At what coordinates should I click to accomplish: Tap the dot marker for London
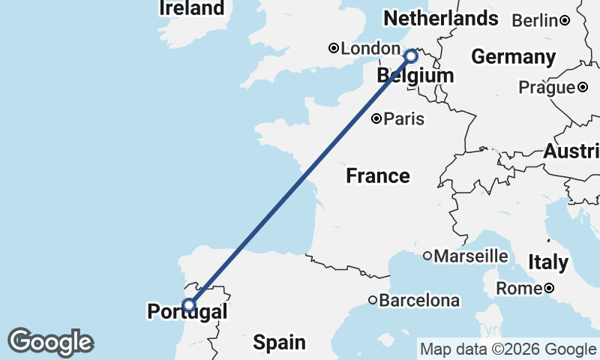pos(333,49)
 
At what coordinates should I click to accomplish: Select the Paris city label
pos(404,118)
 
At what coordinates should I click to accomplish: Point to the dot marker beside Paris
pos(376,118)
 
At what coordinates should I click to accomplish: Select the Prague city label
pos(547,88)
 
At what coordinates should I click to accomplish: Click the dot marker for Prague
pos(583,88)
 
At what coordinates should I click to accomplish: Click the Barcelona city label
pos(419,301)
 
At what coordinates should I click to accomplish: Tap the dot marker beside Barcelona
pos(373,301)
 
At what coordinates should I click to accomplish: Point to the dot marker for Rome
pos(549,288)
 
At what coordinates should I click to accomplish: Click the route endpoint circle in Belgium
pos(410,56)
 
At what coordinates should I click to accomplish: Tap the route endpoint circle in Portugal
pos(189,304)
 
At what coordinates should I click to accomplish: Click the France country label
pos(378,176)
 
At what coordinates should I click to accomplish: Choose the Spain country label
pos(279,343)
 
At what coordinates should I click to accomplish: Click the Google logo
pos(50,342)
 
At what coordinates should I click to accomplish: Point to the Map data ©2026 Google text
pos(508,349)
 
